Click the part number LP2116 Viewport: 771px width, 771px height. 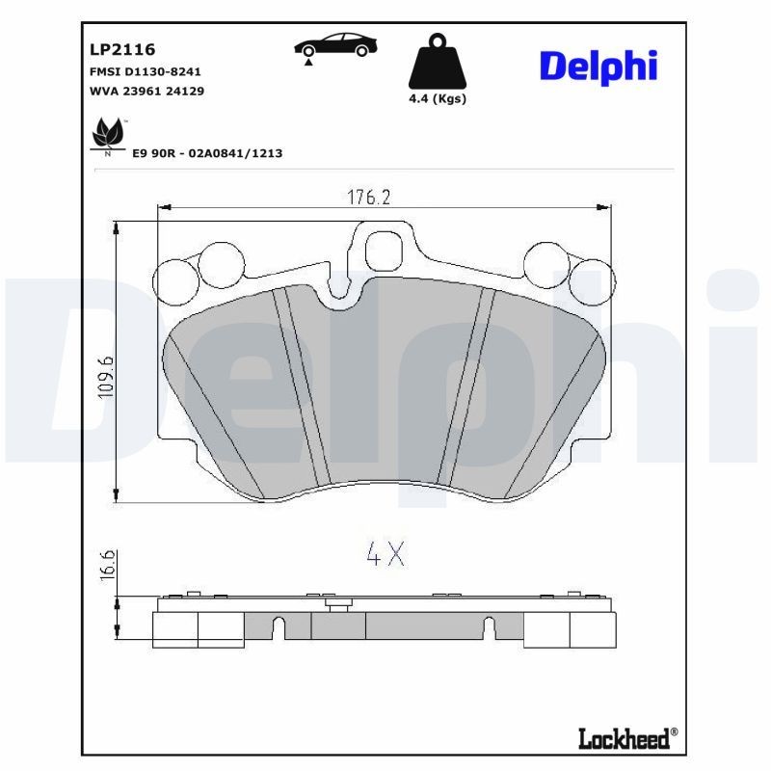(122, 48)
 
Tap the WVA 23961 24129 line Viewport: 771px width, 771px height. (146, 91)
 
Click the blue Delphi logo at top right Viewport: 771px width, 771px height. (598, 66)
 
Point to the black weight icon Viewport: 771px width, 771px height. (437, 63)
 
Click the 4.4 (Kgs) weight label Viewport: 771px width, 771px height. (437, 99)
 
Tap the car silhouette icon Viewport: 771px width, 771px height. (336, 45)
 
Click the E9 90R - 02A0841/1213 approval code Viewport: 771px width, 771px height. (206, 153)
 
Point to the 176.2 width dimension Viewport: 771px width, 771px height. (367, 197)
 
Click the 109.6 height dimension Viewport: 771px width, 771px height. (106, 377)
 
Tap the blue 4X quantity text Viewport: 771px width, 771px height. (385, 553)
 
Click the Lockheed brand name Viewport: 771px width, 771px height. (625, 738)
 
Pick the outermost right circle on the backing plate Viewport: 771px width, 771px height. (591, 281)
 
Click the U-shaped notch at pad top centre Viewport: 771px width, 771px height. (338, 287)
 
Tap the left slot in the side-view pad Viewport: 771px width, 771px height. (278, 626)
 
